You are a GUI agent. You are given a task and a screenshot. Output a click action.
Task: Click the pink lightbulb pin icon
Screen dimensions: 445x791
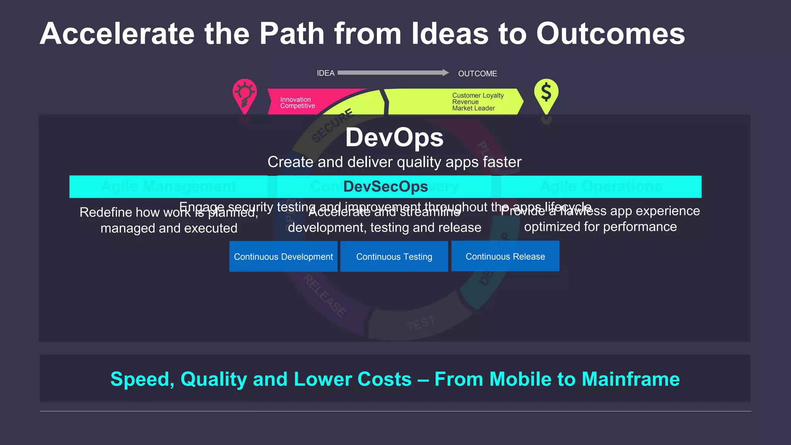coord(244,95)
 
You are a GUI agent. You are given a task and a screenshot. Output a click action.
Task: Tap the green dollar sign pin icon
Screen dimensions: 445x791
coord(546,94)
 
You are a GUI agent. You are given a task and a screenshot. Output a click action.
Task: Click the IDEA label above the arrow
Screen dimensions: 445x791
coord(326,73)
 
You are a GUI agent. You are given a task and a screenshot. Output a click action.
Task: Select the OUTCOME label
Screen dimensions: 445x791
coord(477,73)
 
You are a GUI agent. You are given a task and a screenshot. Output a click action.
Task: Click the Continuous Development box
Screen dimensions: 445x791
coord(283,256)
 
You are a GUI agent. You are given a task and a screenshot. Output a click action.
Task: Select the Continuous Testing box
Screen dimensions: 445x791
coord(394,256)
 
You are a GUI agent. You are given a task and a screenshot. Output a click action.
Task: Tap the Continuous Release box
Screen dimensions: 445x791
coord(505,256)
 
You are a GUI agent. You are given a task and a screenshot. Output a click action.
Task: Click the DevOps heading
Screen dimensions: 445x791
coord(394,137)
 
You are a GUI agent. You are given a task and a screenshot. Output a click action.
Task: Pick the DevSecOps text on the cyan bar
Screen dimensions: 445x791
coord(385,187)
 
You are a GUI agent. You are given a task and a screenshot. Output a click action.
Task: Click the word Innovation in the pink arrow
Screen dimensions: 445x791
coord(295,99)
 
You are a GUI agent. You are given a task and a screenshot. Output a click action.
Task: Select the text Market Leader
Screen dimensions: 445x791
coord(474,109)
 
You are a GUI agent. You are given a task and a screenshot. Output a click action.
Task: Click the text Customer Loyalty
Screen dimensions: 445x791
coord(478,95)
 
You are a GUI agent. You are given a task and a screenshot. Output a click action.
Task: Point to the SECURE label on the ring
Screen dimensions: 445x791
coord(333,125)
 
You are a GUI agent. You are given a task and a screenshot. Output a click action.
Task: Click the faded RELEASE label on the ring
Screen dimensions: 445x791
coord(324,296)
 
